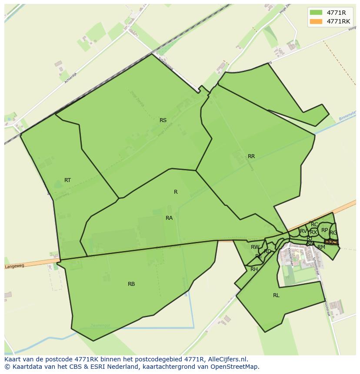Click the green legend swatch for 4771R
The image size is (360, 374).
[316, 13]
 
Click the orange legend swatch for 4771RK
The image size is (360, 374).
[316, 21]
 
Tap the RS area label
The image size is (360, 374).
[163, 120]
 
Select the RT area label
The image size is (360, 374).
[67, 180]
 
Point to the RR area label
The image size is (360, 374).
[251, 156]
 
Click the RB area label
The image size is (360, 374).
[131, 284]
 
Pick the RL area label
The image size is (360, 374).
[276, 295]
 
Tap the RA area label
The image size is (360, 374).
[169, 218]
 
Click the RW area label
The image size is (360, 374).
[255, 247]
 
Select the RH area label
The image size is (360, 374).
[254, 269]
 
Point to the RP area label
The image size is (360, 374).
[324, 230]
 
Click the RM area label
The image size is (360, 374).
[321, 247]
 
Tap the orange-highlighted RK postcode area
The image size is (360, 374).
[331, 242]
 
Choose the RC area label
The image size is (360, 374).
[314, 225]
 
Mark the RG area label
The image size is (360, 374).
[333, 233]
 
